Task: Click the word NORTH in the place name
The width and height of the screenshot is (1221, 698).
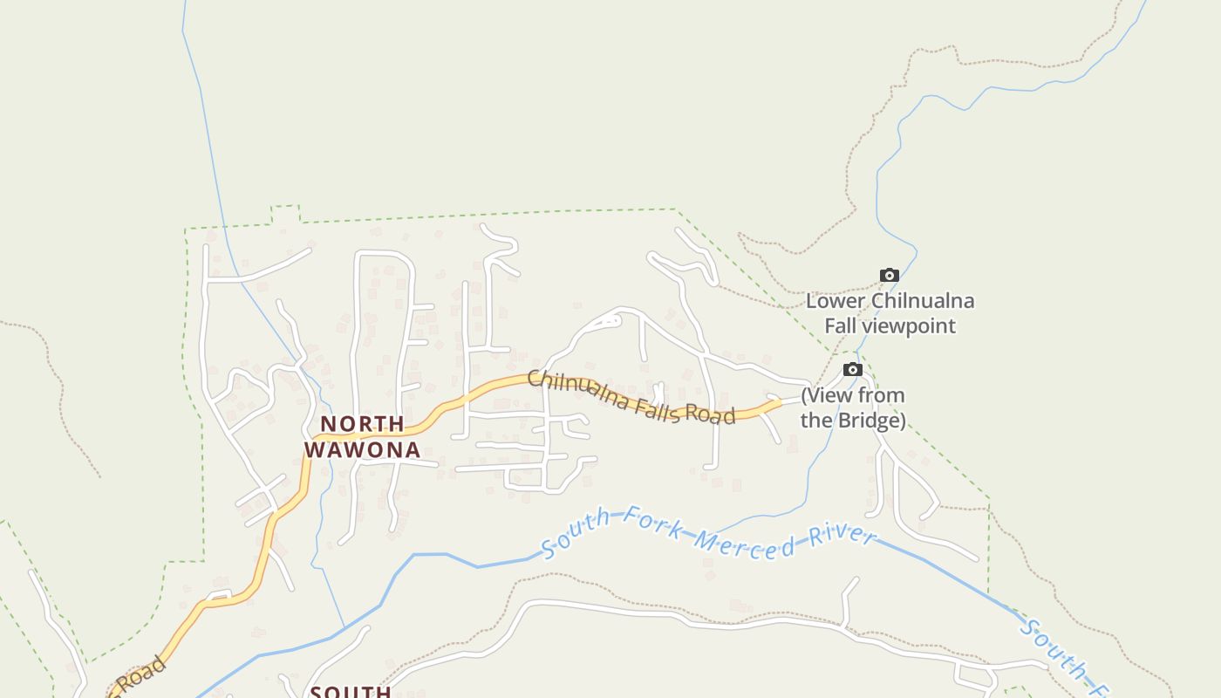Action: pyautogui.click(x=362, y=424)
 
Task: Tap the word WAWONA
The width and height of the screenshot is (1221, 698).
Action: pyautogui.click(x=362, y=450)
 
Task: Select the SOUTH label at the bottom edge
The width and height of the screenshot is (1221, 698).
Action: pyautogui.click(x=351, y=692)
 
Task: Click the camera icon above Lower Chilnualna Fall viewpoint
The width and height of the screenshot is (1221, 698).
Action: pyautogui.click(x=889, y=276)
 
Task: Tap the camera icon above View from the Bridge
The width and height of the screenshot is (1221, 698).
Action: pyautogui.click(x=853, y=370)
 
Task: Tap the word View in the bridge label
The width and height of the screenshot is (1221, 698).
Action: pyautogui.click(x=829, y=395)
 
